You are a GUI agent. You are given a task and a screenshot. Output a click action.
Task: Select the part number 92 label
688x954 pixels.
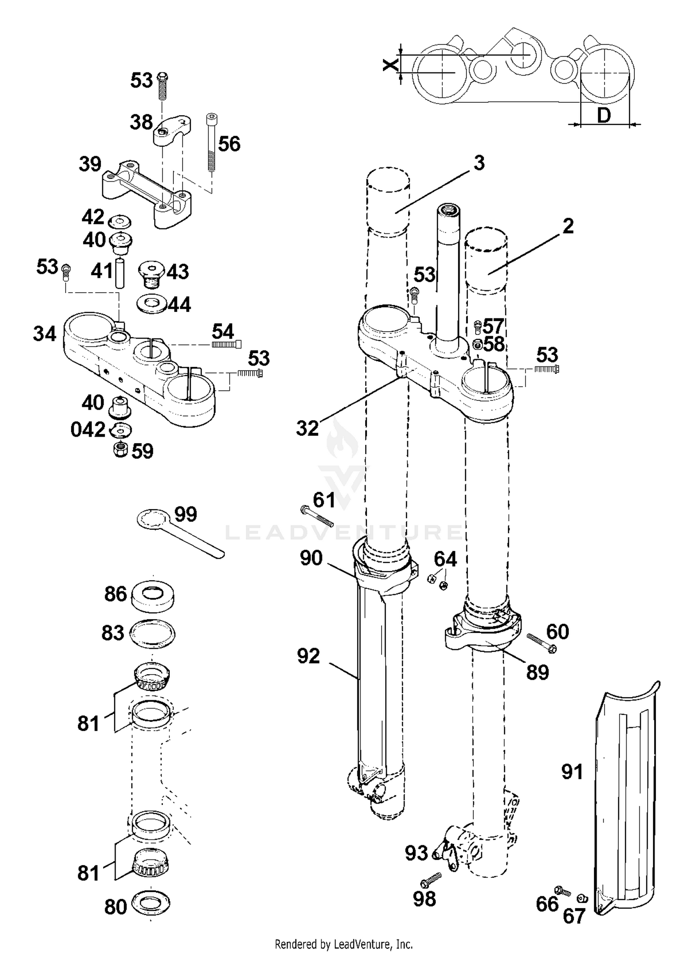coord(308,656)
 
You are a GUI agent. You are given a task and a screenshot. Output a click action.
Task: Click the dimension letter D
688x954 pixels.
coord(604,116)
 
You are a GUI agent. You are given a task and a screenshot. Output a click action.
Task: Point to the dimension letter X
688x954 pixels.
coord(390,65)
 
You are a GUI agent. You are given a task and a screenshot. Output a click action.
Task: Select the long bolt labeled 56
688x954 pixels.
coord(211,142)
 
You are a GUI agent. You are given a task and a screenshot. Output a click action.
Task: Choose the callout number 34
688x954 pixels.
coord(44,334)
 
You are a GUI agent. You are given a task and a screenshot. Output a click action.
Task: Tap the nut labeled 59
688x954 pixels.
coord(121,449)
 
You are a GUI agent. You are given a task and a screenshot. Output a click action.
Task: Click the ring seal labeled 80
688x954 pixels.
coord(150,904)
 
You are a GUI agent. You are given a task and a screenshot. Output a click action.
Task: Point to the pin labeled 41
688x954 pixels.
coord(120,273)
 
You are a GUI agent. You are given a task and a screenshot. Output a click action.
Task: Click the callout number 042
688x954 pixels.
coord(88,430)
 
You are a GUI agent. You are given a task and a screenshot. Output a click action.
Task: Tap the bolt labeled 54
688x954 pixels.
coord(227,344)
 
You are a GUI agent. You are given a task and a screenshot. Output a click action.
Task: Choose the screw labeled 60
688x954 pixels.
coord(542,643)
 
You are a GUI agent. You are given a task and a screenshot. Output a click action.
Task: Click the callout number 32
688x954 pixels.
coord(307,428)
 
